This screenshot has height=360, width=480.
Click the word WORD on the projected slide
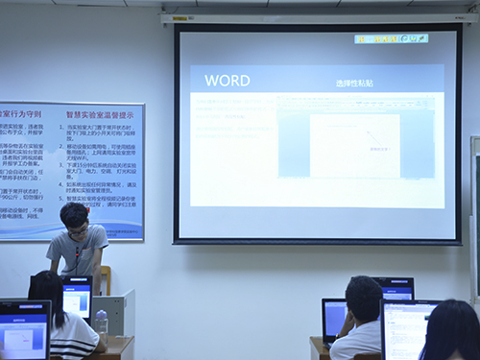[228, 81]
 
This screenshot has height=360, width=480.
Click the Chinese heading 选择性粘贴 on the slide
[356, 84]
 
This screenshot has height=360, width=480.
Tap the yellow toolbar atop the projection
[391, 38]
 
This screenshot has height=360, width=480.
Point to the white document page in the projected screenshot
[353, 144]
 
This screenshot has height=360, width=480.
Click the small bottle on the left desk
[101, 322]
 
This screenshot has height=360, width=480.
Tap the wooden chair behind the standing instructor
[105, 279]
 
